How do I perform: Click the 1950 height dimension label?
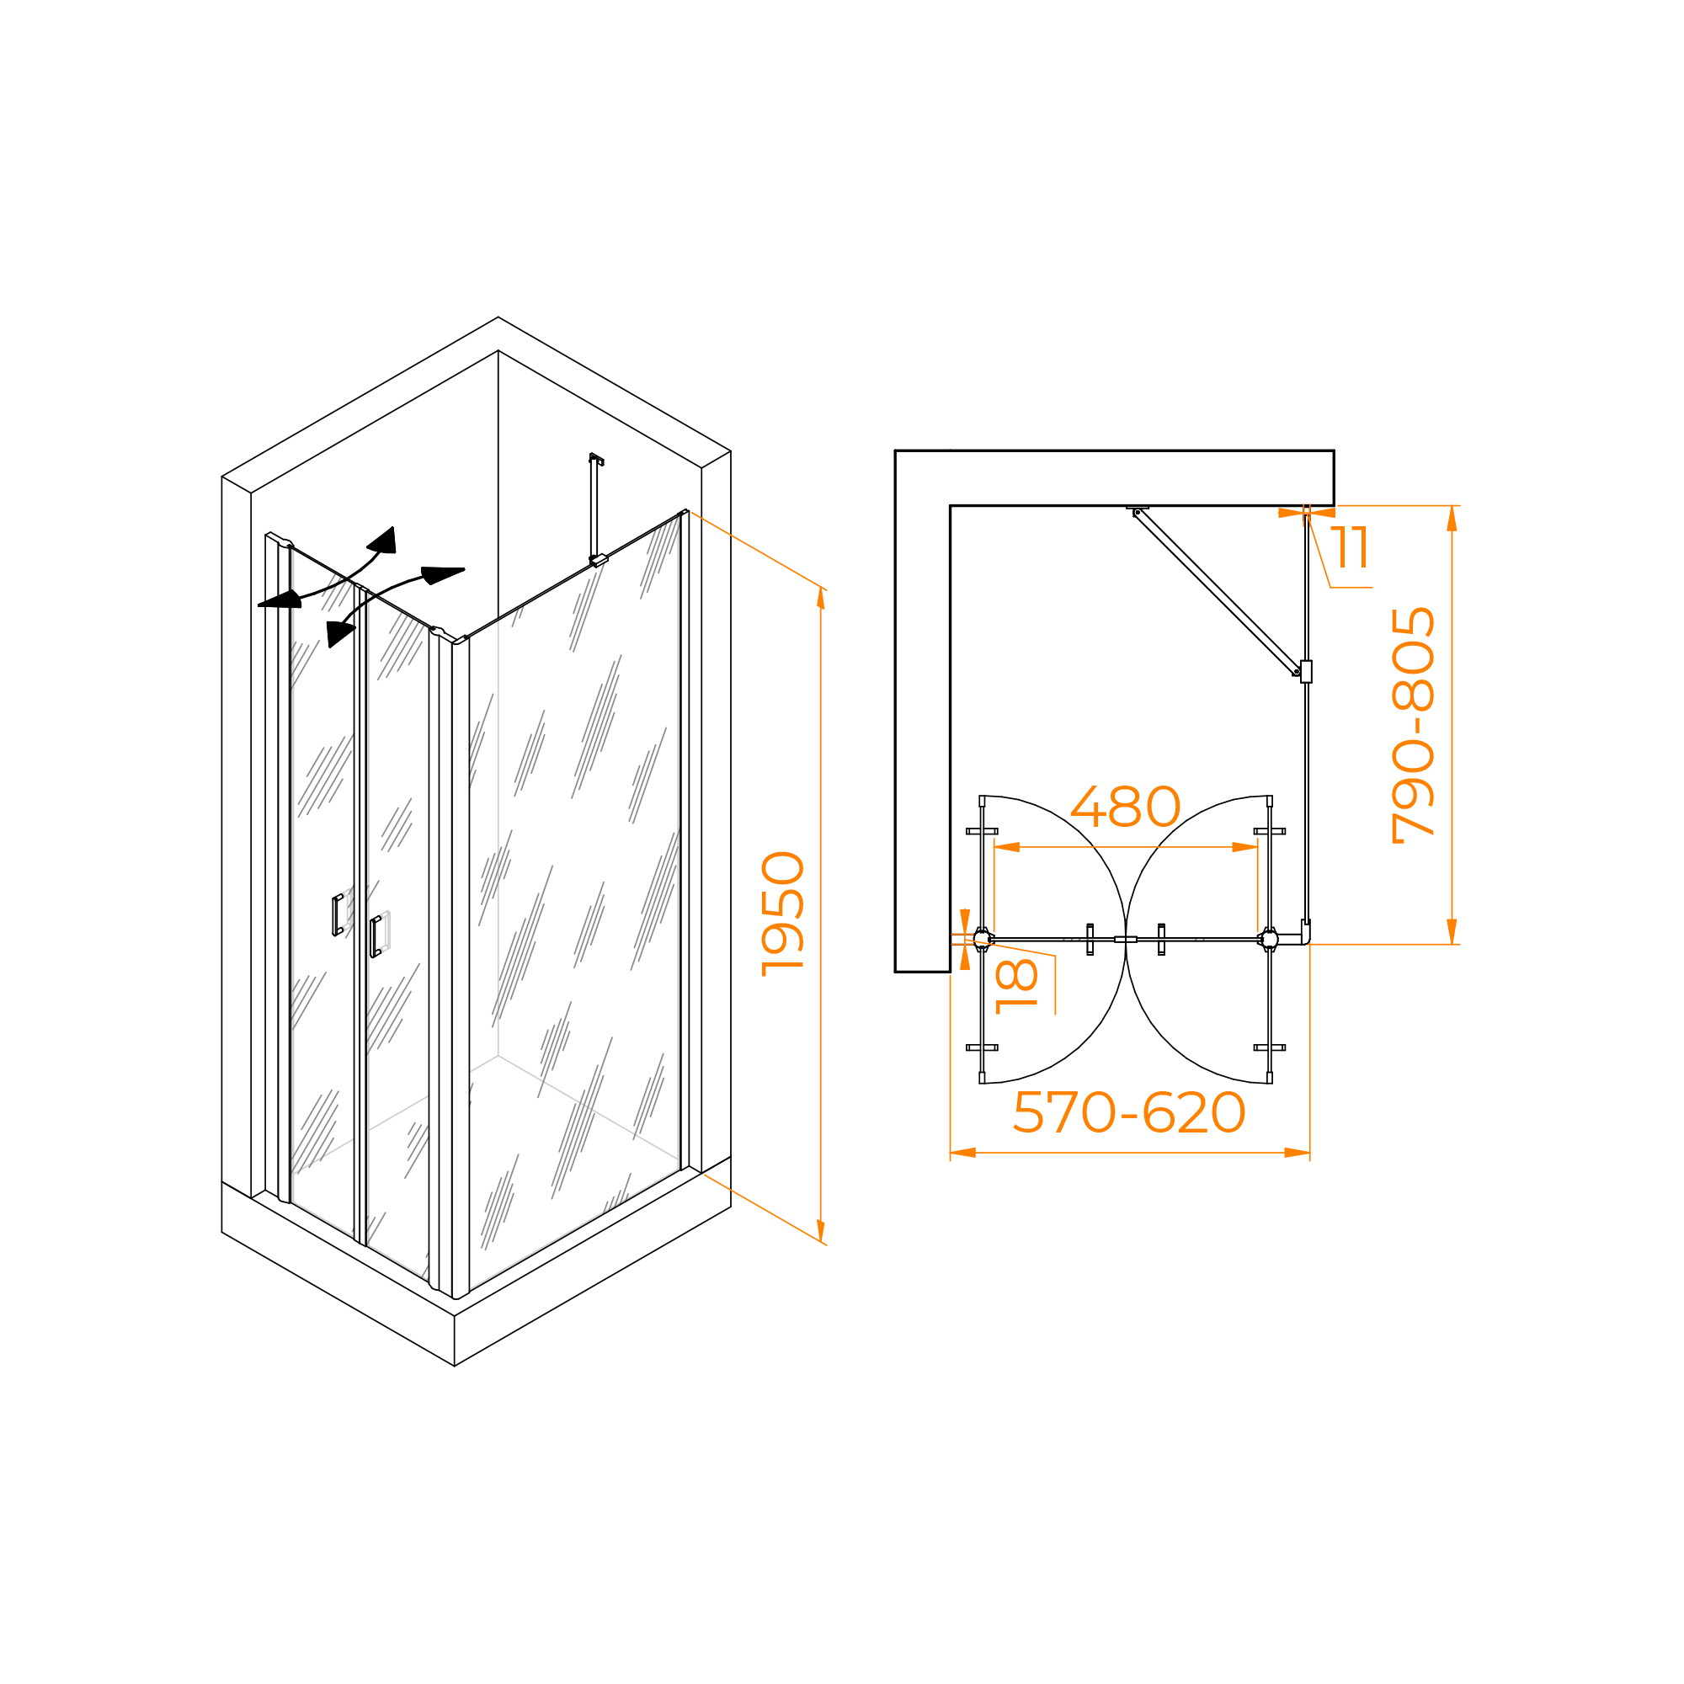[783, 914]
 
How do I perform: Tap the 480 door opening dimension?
[1125, 807]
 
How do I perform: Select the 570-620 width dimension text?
[1130, 1112]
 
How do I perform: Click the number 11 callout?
[1351, 547]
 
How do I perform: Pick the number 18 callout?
[1016, 986]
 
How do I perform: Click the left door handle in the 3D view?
[338, 915]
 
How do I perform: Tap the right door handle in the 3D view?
[376, 936]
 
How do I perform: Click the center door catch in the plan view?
[1125, 939]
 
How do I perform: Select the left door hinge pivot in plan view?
[983, 939]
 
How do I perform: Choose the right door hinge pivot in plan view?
[1269, 939]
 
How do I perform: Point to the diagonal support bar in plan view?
[1215, 593]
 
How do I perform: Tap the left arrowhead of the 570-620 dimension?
[962, 1153]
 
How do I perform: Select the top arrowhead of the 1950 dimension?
[820, 598]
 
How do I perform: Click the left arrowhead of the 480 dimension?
[1007, 846]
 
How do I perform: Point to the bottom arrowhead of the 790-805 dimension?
[1452, 931]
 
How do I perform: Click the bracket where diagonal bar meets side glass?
[1305, 671]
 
